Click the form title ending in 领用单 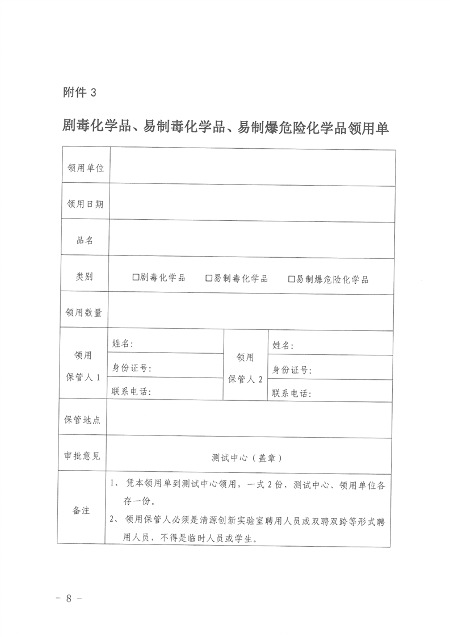(225, 127)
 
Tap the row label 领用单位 (85, 168)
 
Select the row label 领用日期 (85, 204)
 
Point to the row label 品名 (85, 240)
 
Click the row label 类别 (85, 276)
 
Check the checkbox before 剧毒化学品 (136, 278)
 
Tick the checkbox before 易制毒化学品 (208, 278)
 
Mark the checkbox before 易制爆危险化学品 (292, 279)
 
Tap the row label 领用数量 (85, 312)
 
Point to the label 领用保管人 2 (245, 368)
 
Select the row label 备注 (81, 510)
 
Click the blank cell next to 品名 (252, 239)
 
